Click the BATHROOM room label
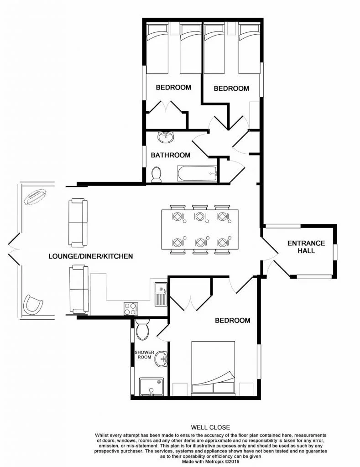[x=171, y=155]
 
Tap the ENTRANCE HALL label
[x=306, y=247]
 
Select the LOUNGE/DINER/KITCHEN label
[x=91, y=256]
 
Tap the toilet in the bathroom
[x=156, y=174]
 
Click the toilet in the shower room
[x=141, y=331]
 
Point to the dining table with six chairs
[x=200, y=229]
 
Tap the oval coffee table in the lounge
[x=35, y=197]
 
